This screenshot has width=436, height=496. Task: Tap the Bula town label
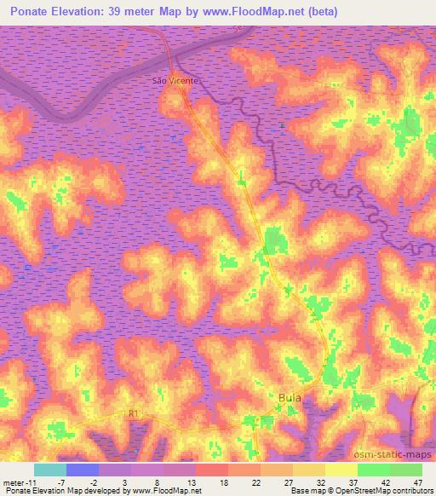tap(290, 397)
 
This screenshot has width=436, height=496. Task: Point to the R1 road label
tap(133, 414)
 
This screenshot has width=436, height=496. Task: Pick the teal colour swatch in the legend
tap(50, 470)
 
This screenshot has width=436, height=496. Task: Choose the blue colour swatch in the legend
tap(83, 470)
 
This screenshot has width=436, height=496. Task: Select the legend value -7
tap(60, 482)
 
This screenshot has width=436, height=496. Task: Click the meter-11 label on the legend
tap(16, 482)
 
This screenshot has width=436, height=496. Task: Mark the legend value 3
tap(126, 482)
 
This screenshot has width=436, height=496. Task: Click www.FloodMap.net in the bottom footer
tap(163, 491)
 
